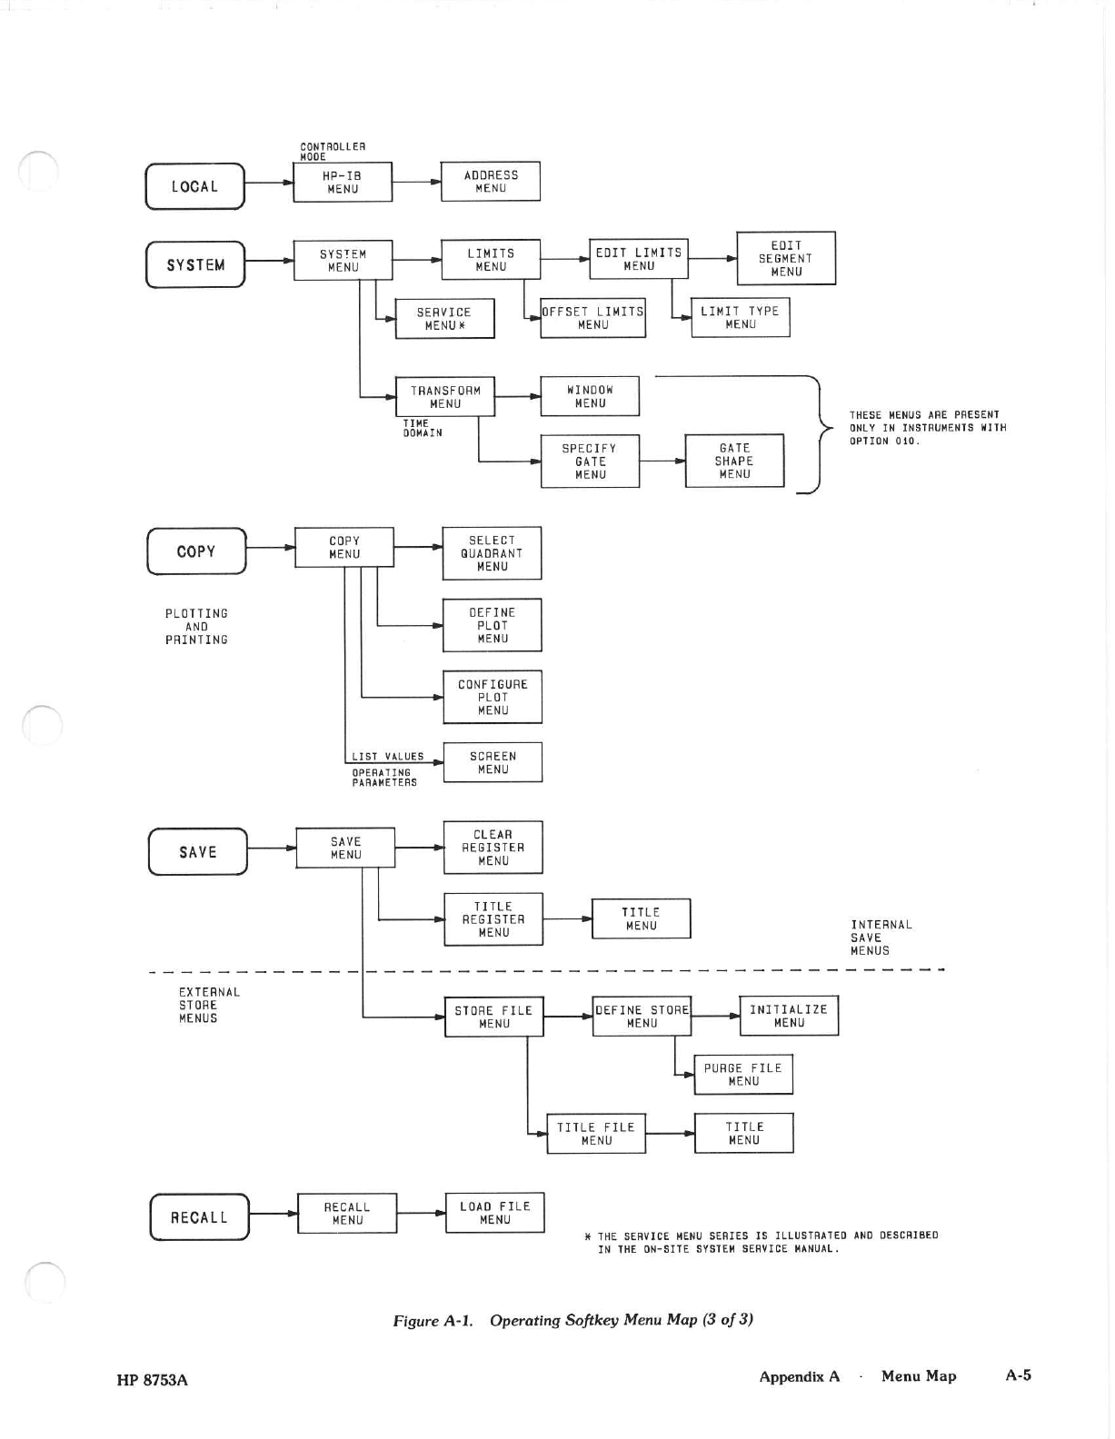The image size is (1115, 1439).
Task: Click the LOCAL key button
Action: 194,186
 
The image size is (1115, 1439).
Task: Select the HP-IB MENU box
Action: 343,182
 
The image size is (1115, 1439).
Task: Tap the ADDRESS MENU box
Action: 491,182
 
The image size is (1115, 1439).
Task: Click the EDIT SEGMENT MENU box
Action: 786,258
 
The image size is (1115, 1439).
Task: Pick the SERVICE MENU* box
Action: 444,319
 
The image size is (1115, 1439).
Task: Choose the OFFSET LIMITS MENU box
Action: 592,318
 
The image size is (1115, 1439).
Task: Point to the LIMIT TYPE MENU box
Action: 741,317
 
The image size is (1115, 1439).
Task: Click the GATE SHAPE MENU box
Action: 734,461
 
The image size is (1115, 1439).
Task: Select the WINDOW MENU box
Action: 590,396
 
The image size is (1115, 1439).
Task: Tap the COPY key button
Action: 196,551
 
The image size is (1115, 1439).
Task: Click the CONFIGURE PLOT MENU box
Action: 493,697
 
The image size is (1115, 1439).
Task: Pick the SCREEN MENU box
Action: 493,762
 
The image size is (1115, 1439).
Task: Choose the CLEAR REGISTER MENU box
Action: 493,848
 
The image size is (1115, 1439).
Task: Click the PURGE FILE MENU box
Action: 743,1074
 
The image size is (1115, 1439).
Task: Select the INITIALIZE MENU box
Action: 789,1015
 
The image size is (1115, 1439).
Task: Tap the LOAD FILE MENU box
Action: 495,1213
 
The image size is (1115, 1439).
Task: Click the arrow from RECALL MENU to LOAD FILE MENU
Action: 421,1213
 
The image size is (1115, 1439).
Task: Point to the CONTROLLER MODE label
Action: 333,151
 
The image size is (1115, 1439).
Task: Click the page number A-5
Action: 1019,1374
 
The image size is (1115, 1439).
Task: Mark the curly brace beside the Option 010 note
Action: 813,434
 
